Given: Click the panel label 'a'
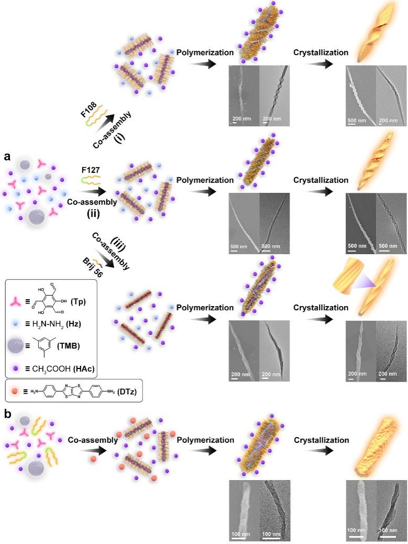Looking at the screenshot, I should coord(7,156).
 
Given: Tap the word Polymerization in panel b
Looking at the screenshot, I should coord(205,440).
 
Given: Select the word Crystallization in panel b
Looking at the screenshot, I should coord(321,440).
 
